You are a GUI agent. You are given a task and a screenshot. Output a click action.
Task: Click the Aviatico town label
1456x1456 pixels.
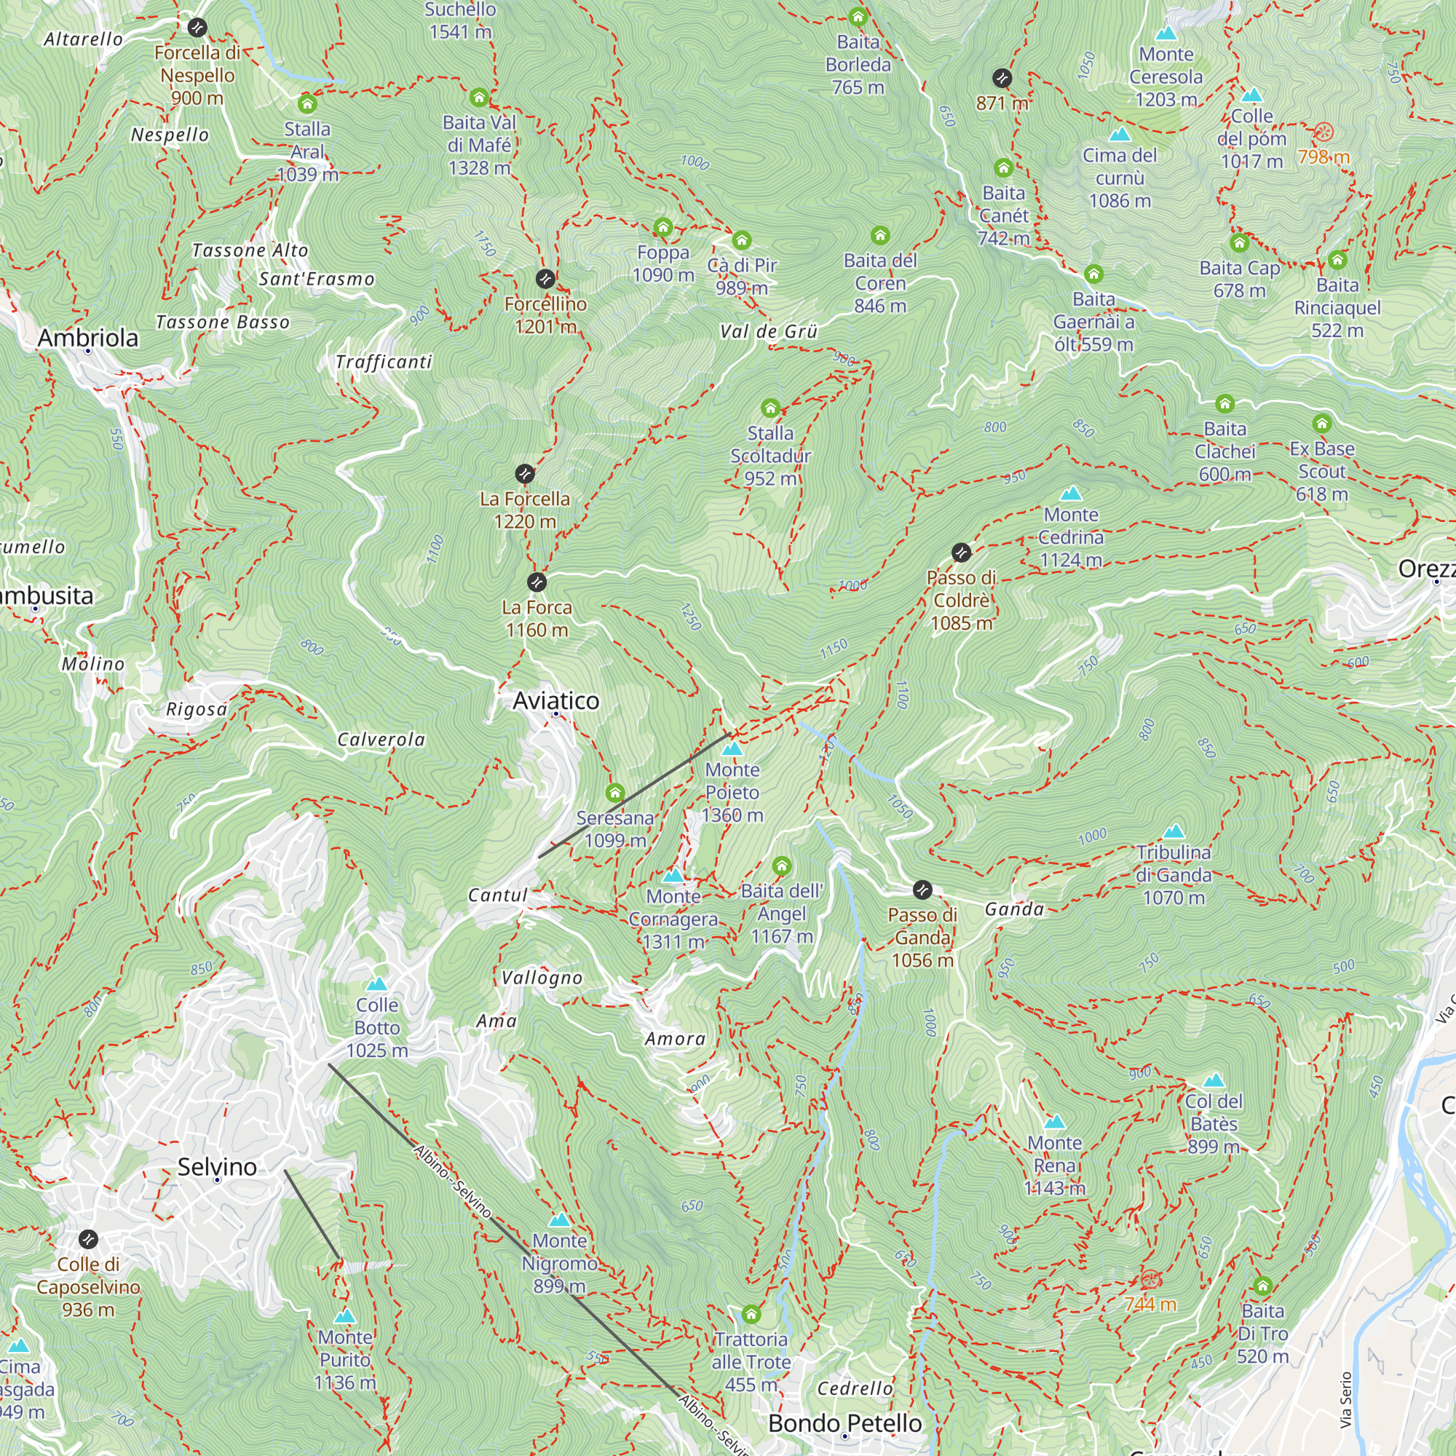(x=555, y=700)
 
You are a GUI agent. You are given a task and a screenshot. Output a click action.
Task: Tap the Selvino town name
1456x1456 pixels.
(x=217, y=1166)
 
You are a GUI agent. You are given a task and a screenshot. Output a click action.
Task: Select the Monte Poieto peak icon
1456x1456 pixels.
(x=732, y=749)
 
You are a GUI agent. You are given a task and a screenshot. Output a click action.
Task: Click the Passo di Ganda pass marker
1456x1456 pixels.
(x=922, y=890)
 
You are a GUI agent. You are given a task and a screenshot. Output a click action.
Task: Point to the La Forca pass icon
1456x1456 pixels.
(x=536, y=582)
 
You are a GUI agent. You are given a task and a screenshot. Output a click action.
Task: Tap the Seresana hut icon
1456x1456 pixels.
(x=615, y=792)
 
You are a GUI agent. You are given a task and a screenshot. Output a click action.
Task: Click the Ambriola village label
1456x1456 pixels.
(x=88, y=338)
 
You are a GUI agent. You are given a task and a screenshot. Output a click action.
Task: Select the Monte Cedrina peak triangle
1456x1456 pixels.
(x=1070, y=494)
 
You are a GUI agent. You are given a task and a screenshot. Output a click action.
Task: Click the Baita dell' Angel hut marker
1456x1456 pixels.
(x=781, y=865)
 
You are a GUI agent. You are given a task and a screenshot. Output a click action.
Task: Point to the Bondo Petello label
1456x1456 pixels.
(x=844, y=1422)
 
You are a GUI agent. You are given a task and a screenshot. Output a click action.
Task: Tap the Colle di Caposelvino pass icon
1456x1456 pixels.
(x=88, y=1239)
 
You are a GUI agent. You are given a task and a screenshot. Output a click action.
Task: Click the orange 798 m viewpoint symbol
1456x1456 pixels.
(x=1324, y=132)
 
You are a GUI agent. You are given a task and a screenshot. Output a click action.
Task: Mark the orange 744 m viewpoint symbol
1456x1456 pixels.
(x=1150, y=1279)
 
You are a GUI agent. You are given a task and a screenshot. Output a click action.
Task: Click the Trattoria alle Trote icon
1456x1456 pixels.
(x=751, y=1314)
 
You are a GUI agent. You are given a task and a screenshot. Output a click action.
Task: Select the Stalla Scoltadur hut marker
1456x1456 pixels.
(x=769, y=408)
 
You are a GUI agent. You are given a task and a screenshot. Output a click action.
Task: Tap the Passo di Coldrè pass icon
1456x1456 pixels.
(x=960, y=553)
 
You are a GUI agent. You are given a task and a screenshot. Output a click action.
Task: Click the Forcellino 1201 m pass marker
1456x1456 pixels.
(x=545, y=279)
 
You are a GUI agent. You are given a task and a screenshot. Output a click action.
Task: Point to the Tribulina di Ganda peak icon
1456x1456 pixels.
(x=1174, y=831)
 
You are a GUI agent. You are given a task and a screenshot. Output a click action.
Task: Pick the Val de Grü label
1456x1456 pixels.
(x=768, y=331)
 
